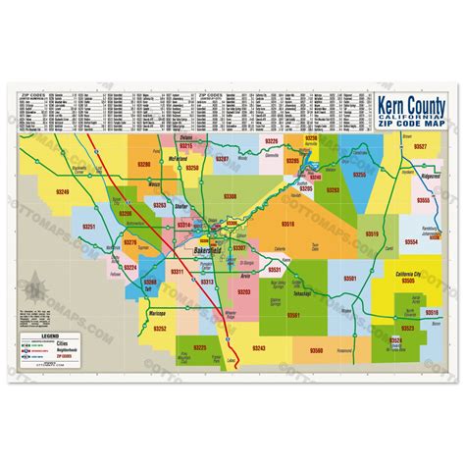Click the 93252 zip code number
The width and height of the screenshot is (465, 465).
click(x=160, y=328)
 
